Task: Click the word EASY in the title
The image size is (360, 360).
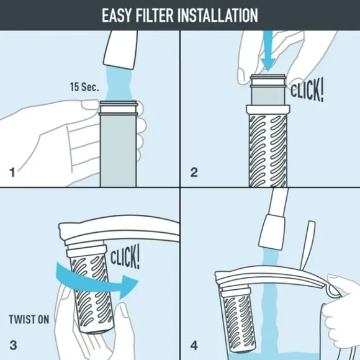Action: coord(120,15)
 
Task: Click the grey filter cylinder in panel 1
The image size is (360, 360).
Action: coord(117,143)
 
